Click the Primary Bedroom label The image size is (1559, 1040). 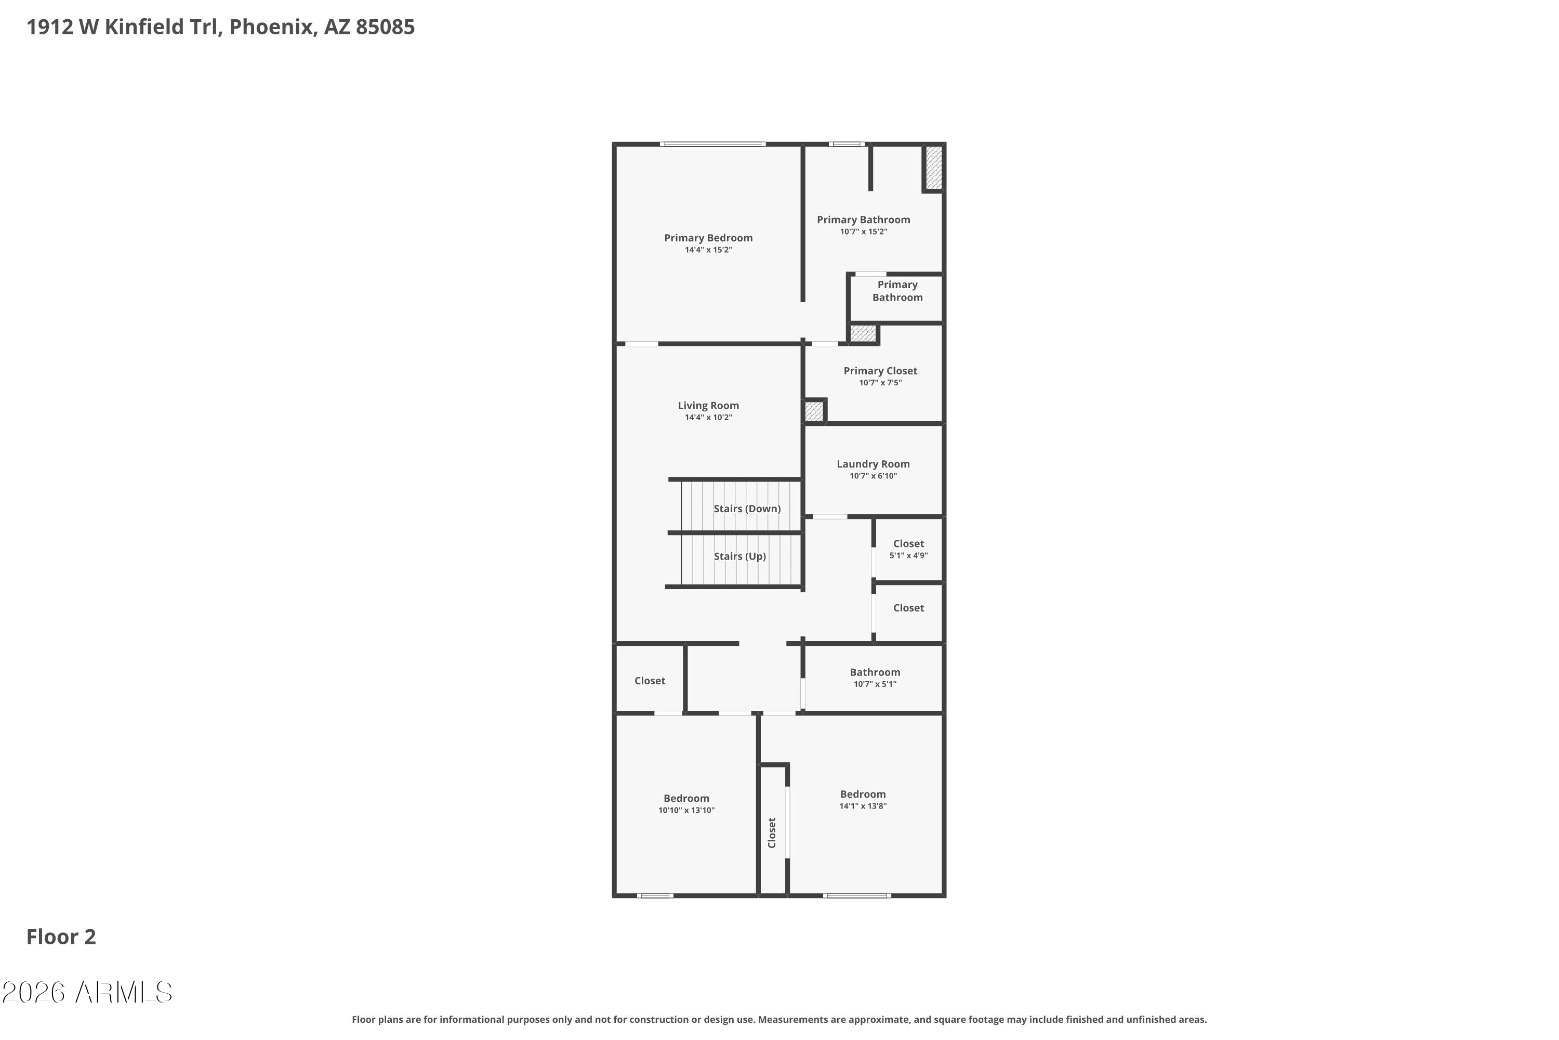(708, 238)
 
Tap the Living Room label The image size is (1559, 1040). (708, 405)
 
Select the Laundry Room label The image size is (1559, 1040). (873, 464)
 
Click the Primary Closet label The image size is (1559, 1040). (880, 371)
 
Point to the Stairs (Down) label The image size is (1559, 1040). (747, 509)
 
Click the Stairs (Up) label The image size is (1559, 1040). (739, 556)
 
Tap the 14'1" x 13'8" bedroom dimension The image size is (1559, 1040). (862, 806)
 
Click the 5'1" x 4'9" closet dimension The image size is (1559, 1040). (908, 555)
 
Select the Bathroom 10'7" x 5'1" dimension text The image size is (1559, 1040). (875, 684)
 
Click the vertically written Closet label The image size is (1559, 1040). (772, 833)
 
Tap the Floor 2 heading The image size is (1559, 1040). (61, 937)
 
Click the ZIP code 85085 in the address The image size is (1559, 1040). (385, 27)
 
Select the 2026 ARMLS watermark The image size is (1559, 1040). (87, 993)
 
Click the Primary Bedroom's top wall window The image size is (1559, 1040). (712, 144)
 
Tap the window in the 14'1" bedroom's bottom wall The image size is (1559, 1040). (856, 896)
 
